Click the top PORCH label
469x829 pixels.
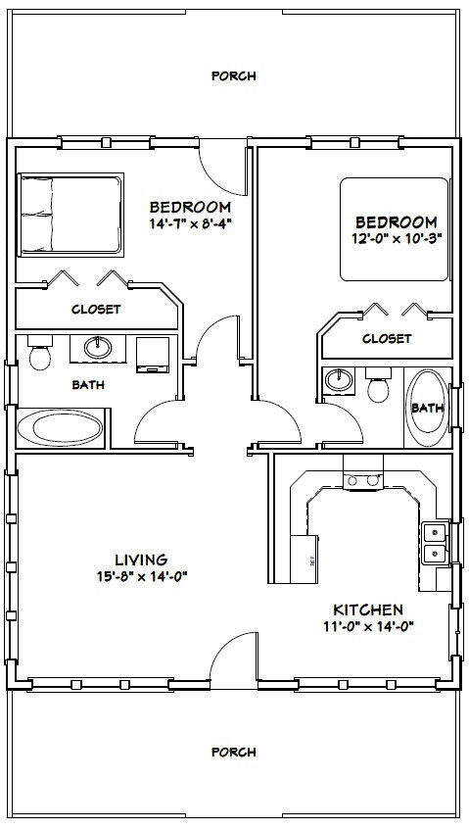(234, 75)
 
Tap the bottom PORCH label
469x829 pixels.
(234, 752)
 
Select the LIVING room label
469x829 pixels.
(141, 560)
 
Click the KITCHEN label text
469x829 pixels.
(366, 610)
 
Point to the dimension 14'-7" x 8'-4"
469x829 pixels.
(190, 222)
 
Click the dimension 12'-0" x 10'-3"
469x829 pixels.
(396, 238)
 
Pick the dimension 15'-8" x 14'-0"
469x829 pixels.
(141, 576)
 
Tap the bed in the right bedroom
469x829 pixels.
(396, 227)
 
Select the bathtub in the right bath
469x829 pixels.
(428, 406)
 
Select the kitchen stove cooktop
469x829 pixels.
(361, 477)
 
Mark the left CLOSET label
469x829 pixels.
(96, 309)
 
